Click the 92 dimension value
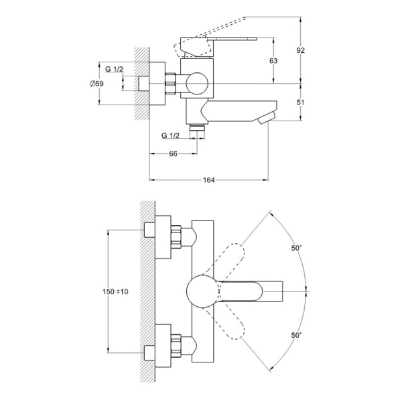click(300, 50)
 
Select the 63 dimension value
click(273, 61)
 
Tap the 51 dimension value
click(300, 103)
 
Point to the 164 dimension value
click(208, 180)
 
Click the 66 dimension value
click(174, 154)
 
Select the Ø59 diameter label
click(97, 84)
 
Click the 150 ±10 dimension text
click(115, 291)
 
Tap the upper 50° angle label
click(296, 248)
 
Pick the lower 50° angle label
click(296, 335)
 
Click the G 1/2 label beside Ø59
click(115, 69)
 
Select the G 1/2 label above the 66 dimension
click(171, 135)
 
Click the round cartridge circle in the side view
click(198, 84)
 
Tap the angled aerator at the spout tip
click(267, 118)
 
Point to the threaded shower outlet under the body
click(197, 127)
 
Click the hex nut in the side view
click(170, 84)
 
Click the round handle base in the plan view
click(202, 291)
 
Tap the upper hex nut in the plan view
click(176, 237)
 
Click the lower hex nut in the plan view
click(176, 345)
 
